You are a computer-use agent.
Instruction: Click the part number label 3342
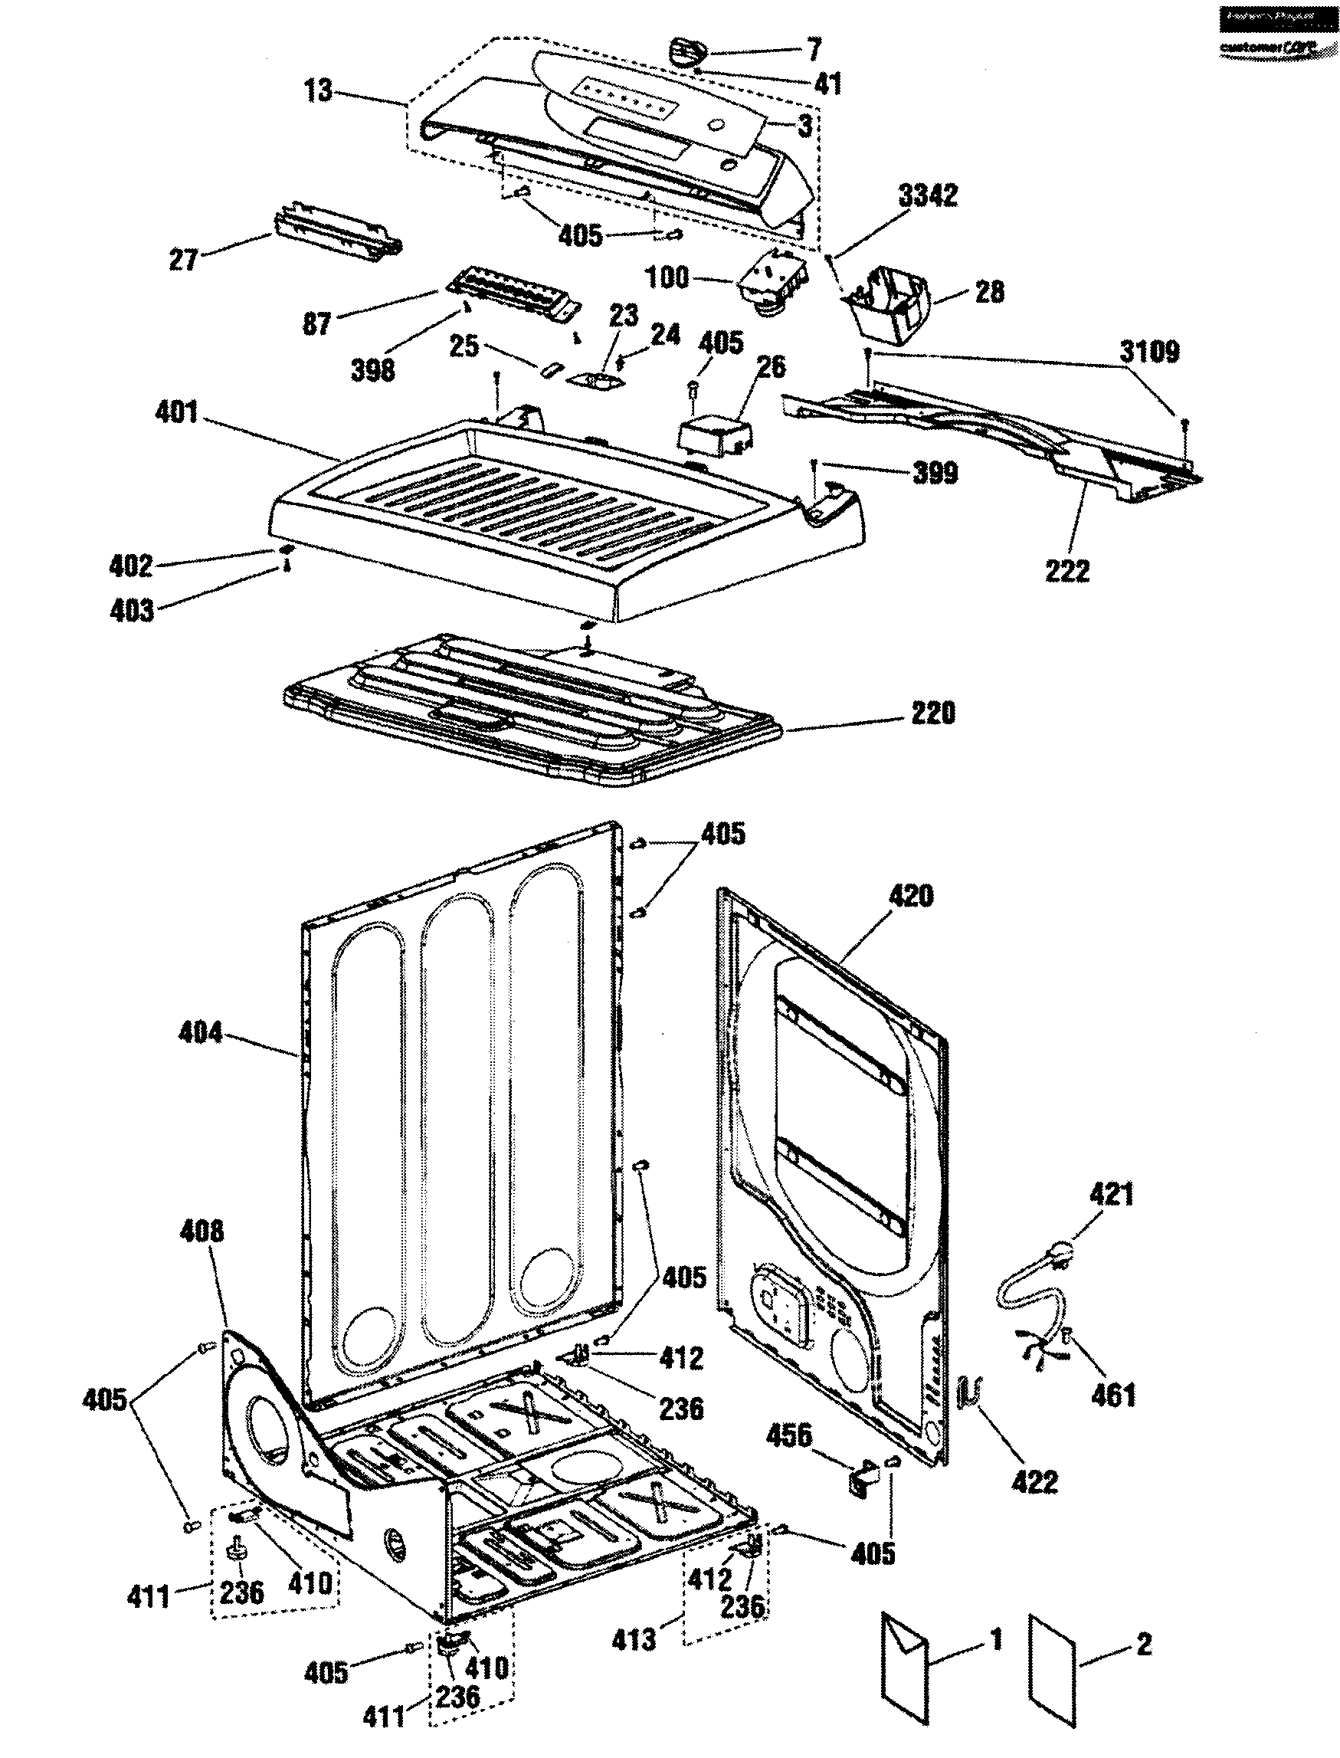[x=928, y=196]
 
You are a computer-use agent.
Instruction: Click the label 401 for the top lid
[x=177, y=412]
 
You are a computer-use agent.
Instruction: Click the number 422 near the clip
[x=1034, y=1482]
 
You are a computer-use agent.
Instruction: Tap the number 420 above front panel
[x=910, y=896]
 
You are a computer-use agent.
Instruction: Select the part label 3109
[x=1149, y=351]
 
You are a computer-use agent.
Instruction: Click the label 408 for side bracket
[x=201, y=1231]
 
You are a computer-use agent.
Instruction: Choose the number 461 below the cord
[x=1112, y=1394]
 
